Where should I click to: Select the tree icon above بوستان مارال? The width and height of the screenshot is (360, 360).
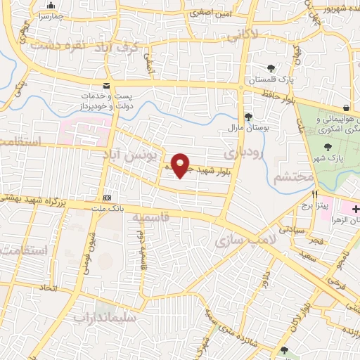click(x=247, y=117)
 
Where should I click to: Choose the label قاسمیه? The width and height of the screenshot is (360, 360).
click(x=150, y=217)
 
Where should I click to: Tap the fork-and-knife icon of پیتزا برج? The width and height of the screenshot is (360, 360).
click(x=316, y=194)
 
